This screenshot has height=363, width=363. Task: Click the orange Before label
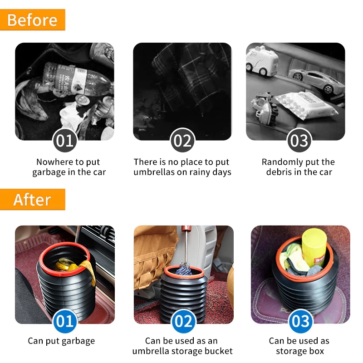click(x=32, y=20)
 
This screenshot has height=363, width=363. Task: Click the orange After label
click(x=32, y=199)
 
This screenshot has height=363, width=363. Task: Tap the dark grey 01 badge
click(x=65, y=140)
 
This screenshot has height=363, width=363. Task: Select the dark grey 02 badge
click(x=183, y=140)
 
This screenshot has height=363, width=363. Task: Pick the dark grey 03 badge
click(x=299, y=140)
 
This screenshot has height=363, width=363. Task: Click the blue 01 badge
click(x=65, y=321)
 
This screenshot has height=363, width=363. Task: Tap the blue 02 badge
click(x=183, y=321)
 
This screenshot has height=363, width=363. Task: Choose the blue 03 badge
click(x=300, y=321)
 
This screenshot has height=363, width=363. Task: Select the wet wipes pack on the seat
click(x=305, y=105)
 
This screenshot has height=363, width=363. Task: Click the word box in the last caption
click(x=317, y=351)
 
